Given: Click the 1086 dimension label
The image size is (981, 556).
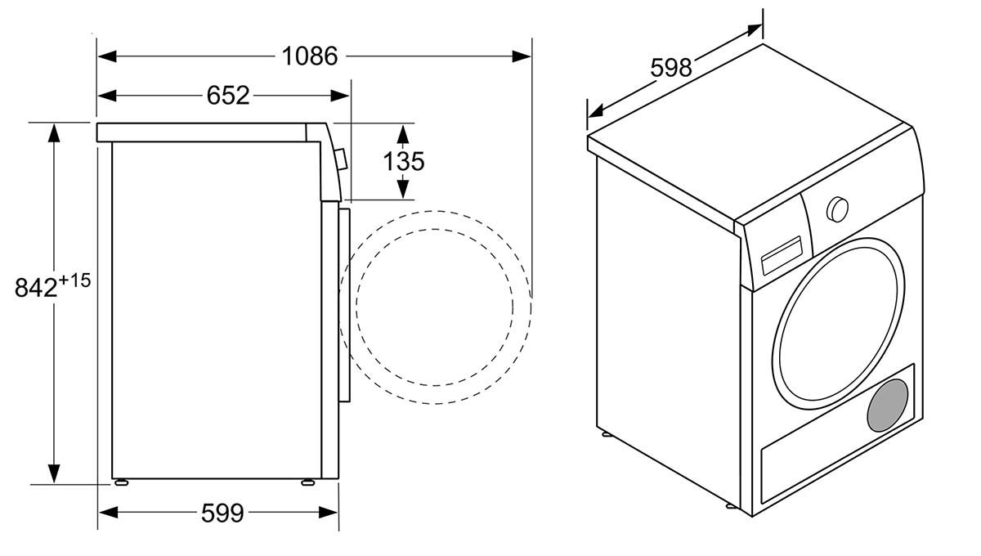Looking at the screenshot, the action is [310, 56].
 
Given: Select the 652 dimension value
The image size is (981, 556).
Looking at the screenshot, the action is [228, 95].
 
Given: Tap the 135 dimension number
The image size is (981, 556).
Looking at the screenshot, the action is [404, 161].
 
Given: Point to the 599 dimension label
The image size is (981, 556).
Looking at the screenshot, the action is [222, 513].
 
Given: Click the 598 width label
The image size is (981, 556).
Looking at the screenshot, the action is [671, 68].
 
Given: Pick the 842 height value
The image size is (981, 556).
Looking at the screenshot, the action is [36, 289].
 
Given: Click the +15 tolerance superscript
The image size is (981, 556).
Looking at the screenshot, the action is [74, 280].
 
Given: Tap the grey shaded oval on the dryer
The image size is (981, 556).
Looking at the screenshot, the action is [888, 406].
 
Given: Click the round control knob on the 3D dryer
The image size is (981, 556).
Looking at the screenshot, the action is [837, 209].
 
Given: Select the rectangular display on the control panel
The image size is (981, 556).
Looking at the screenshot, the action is [782, 256].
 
